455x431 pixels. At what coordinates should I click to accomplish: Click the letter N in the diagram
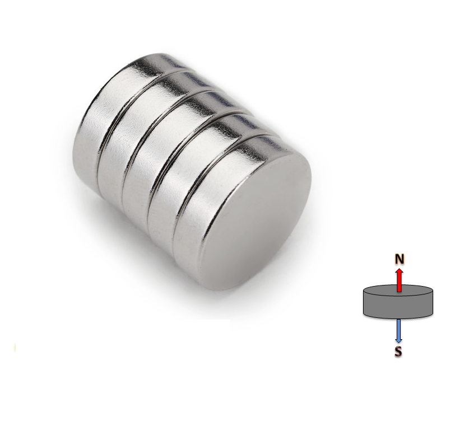click(x=399, y=259)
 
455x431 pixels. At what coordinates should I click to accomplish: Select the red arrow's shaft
click(x=399, y=283)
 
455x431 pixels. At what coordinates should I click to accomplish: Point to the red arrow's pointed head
click(x=399, y=271)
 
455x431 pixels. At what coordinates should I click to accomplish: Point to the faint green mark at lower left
click(x=15, y=348)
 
